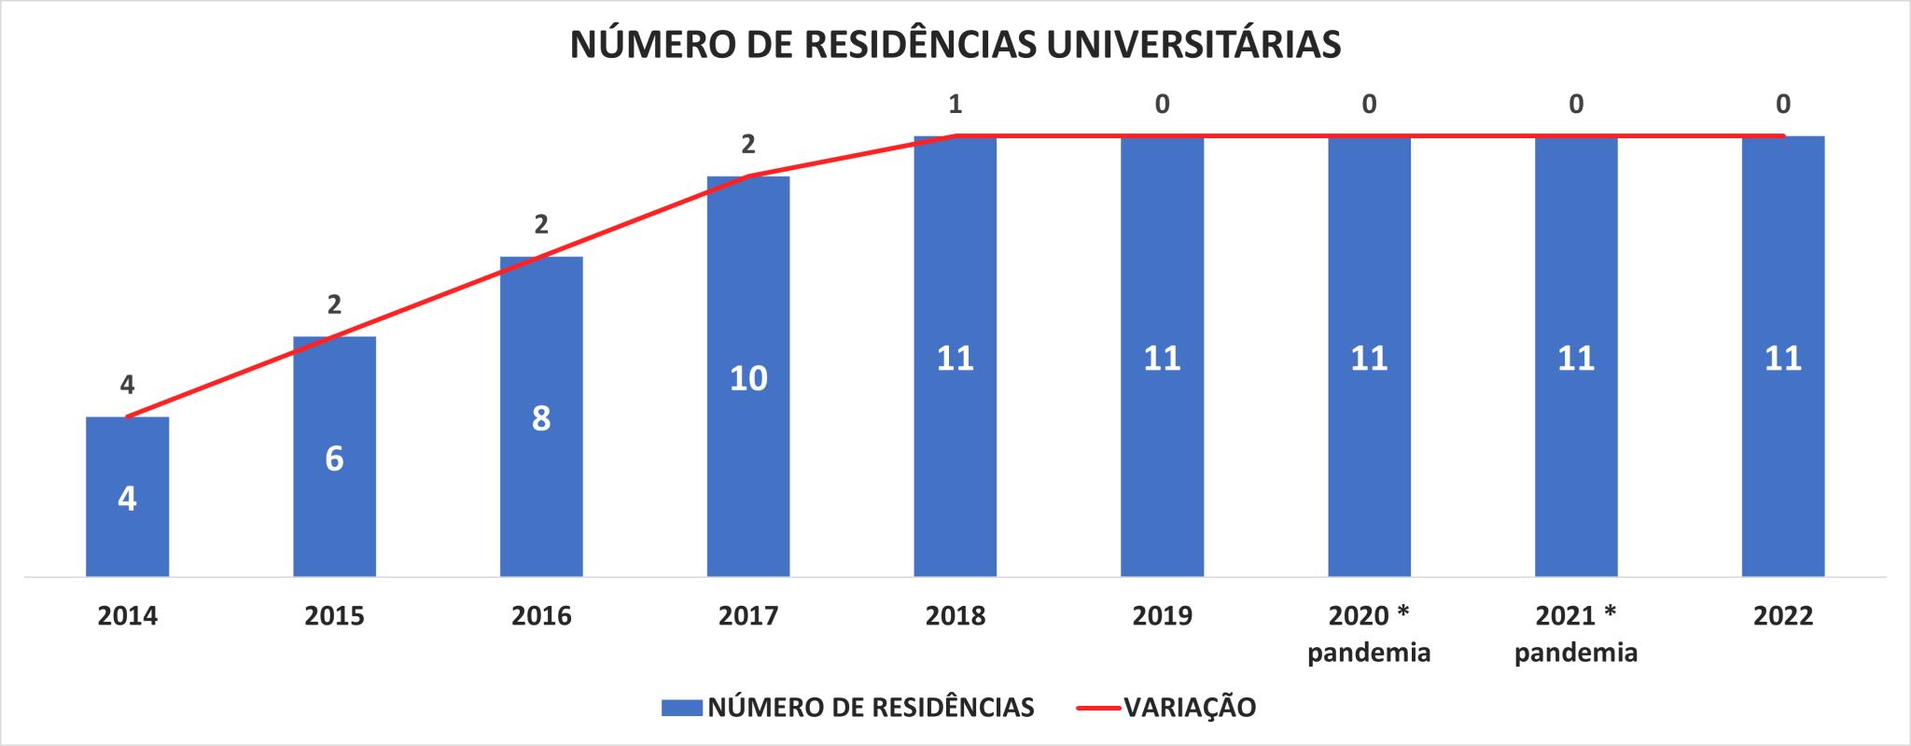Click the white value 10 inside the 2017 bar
748,378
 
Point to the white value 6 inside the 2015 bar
334,458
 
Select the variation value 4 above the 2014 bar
127,384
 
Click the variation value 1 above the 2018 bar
955,104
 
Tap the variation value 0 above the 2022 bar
1782,104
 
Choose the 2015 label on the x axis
334,615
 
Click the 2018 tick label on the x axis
955,615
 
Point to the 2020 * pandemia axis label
1369,633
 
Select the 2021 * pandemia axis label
1576,633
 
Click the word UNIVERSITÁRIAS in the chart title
1193,44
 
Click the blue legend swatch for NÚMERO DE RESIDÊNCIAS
681,707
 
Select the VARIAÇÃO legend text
1190,707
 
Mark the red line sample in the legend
1098,708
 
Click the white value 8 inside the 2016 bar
541,418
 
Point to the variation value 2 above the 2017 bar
748,144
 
